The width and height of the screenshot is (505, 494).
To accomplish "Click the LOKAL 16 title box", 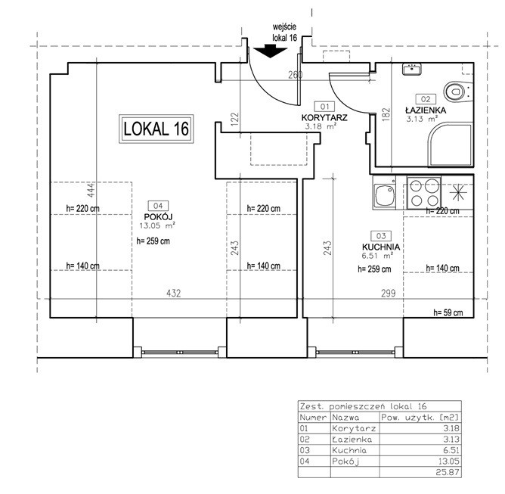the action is (x=156, y=129).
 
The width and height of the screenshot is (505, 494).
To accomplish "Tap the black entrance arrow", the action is (x=270, y=52).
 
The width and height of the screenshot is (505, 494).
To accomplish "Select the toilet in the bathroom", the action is (x=458, y=92).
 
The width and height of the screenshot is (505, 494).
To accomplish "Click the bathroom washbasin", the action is (x=412, y=70).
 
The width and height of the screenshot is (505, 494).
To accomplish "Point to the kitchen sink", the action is (x=384, y=193).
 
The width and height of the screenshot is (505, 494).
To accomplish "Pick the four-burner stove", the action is (x=424, y=193).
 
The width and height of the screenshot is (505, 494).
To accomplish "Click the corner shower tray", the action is (x=451, y=144).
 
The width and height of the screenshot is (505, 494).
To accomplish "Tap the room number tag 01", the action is (x=325, y=107).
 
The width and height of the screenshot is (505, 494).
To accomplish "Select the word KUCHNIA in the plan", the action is (x=381, y=247).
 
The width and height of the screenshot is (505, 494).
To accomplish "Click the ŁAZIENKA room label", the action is (x=426, y=110).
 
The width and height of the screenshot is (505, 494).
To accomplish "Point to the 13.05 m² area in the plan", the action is (x=157, y=225).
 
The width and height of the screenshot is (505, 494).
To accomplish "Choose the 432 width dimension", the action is (x=174, y=294).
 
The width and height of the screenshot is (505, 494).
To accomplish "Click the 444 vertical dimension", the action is (x=91, y=190).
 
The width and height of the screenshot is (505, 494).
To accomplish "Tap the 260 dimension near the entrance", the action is (x=296, y=75).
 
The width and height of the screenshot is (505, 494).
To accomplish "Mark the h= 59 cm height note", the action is (x=448, y=312).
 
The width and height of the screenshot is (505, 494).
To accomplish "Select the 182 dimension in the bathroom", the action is (x=386, y=114).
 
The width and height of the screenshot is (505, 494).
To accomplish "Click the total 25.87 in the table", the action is (x=448, y=472).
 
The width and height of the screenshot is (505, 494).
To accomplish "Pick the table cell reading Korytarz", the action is (x=354, y=429).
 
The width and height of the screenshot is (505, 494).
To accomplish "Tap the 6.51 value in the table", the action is (x=451, y=450).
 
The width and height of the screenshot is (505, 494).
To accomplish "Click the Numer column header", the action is (x=313, y=418).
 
